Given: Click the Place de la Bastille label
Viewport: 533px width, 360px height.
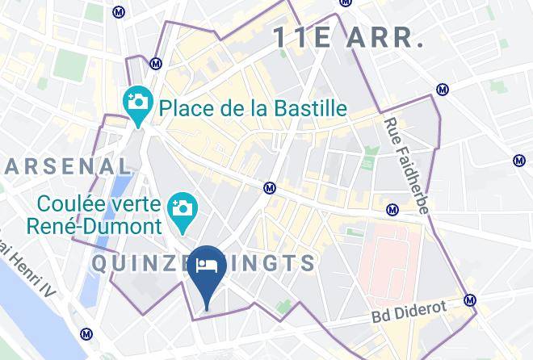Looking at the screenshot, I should coord(253,107).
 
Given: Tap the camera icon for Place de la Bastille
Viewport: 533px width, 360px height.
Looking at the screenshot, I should coord(138,103).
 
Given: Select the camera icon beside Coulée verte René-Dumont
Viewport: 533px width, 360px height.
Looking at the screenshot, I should coord(182,207).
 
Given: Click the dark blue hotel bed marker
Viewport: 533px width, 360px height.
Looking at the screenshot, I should coord(207,269).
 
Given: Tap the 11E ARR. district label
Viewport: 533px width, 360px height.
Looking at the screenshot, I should coord(348,37).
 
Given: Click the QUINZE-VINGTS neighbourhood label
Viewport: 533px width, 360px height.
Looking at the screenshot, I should coord(204,263).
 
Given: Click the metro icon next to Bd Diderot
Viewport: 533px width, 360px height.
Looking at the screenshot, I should coord(471,300).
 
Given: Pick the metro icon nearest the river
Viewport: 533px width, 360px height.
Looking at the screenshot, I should coord(86,333).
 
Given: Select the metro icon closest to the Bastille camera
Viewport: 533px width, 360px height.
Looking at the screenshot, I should coord(156,63).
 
